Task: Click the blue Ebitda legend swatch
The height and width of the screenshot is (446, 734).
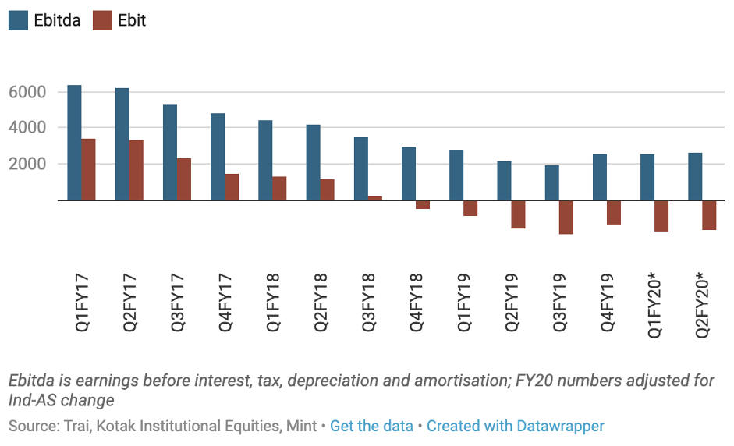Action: tap(19, 20)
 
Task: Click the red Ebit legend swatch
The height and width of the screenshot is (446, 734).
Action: tap(103, 20)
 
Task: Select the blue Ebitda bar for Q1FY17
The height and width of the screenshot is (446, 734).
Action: tap(74, 143)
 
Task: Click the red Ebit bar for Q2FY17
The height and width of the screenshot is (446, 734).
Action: tap(136, 170)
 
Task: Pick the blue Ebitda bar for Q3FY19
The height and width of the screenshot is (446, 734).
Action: tap(551, 182)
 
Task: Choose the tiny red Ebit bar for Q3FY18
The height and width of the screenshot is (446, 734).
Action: tap(375, 198)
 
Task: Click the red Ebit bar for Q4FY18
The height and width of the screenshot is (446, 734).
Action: tap(423, 204)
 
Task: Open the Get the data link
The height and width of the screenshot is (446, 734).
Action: tap(371, 426)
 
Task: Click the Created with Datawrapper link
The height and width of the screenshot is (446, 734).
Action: tap(515, 426)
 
